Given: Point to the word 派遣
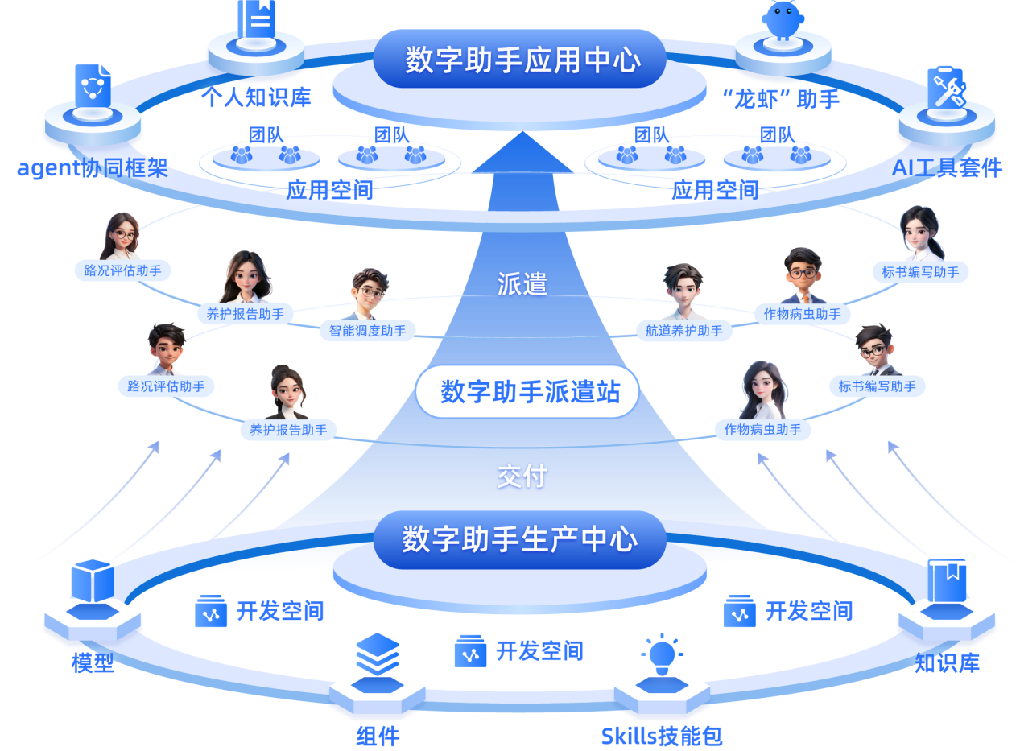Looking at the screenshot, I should [x=522, y=283].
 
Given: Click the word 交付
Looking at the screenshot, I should [x=522, y=477].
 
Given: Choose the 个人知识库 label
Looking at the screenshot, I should [x=256, y=98].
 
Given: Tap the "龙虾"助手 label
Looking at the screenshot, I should [x=781, y=99].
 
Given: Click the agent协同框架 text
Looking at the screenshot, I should [x=93, y=168].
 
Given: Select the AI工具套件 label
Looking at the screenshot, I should [x=947, y=168].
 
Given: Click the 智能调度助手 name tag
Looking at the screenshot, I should [x=368, y=330].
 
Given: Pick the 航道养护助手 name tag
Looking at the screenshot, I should [x=684, y=330].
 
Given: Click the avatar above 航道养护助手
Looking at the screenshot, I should [x=683, y=291].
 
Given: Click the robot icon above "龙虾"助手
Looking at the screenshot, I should [x=783, y=19].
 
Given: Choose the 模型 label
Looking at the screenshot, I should [x=93, y=663].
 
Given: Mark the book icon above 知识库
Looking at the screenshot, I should [x=947, y=581].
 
